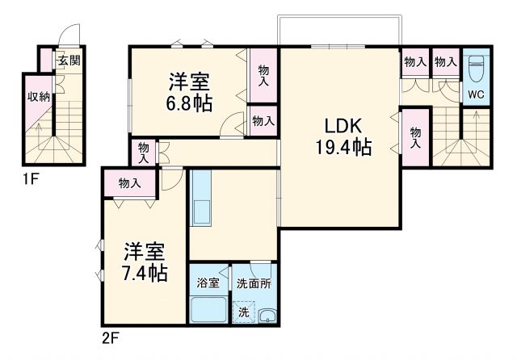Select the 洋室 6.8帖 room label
[189, 91]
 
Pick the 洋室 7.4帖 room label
[145, 261]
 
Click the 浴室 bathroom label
[208, 283]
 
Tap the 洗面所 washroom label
[254, 283]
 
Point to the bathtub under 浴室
[208, 310]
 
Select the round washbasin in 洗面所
[268, 315]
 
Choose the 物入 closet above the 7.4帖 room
[129, 183]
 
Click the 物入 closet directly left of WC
[445, 61]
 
